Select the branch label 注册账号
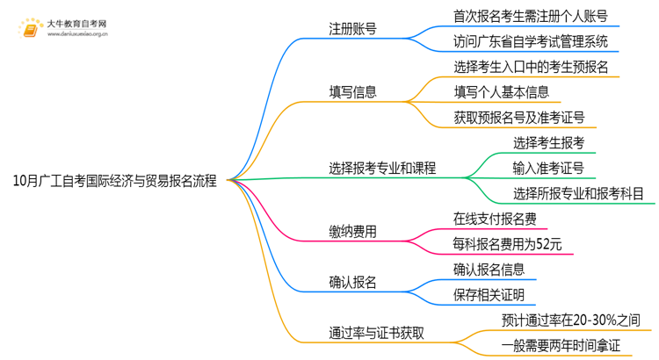pos(353,29)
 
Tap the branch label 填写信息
pos(353,90)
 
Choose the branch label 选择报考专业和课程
pos(382,167)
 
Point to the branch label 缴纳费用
pos(353,231)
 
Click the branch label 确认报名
pos(353,281)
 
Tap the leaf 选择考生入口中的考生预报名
pos(531,66)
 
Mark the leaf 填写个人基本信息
pos(501,91)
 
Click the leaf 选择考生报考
pos(548,142)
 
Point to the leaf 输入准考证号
pos(548,167)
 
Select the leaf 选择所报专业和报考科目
pos(578,193)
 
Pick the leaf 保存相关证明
pos(489,294)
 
